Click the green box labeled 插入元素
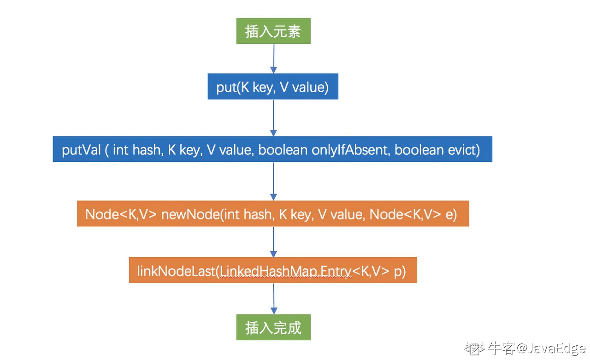(x=273, y=31)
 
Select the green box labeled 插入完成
(x=273, y=327)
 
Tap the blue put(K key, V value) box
(x=273, y=86)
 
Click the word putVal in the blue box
(x=82, y=150)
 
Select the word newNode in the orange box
(x=190, y=214)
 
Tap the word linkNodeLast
(x=176, y=271)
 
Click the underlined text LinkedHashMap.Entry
(x=285, y=271)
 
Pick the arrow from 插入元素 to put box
(x=274, y=59)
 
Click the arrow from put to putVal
(x=273, y=118)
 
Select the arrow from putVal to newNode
(x=273, y=182)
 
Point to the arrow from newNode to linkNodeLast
(x=273, y=242)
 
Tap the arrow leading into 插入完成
(x=274, y=299)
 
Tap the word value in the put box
(x=310, y=87)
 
